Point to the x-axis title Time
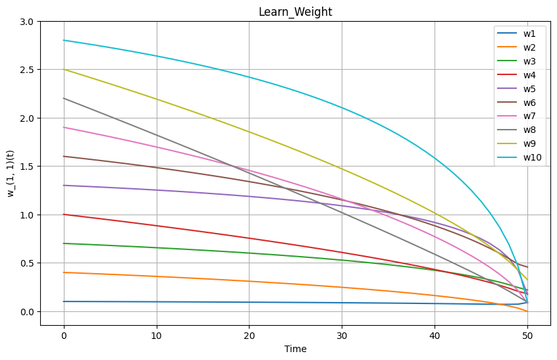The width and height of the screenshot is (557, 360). pos(295,349)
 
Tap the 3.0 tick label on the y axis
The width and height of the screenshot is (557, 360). pos(27,22)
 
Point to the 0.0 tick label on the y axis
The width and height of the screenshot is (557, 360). pos(27,311)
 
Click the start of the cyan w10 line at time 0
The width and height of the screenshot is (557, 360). pos(64,40)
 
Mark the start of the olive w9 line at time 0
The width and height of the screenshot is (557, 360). pos(64,69)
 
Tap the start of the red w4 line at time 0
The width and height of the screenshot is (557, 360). pos(64,215)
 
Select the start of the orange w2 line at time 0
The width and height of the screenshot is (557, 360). pos(64,272)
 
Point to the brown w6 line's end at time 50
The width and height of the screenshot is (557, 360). pos(527,267)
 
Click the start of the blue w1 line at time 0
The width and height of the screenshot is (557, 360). pos(64,301)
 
